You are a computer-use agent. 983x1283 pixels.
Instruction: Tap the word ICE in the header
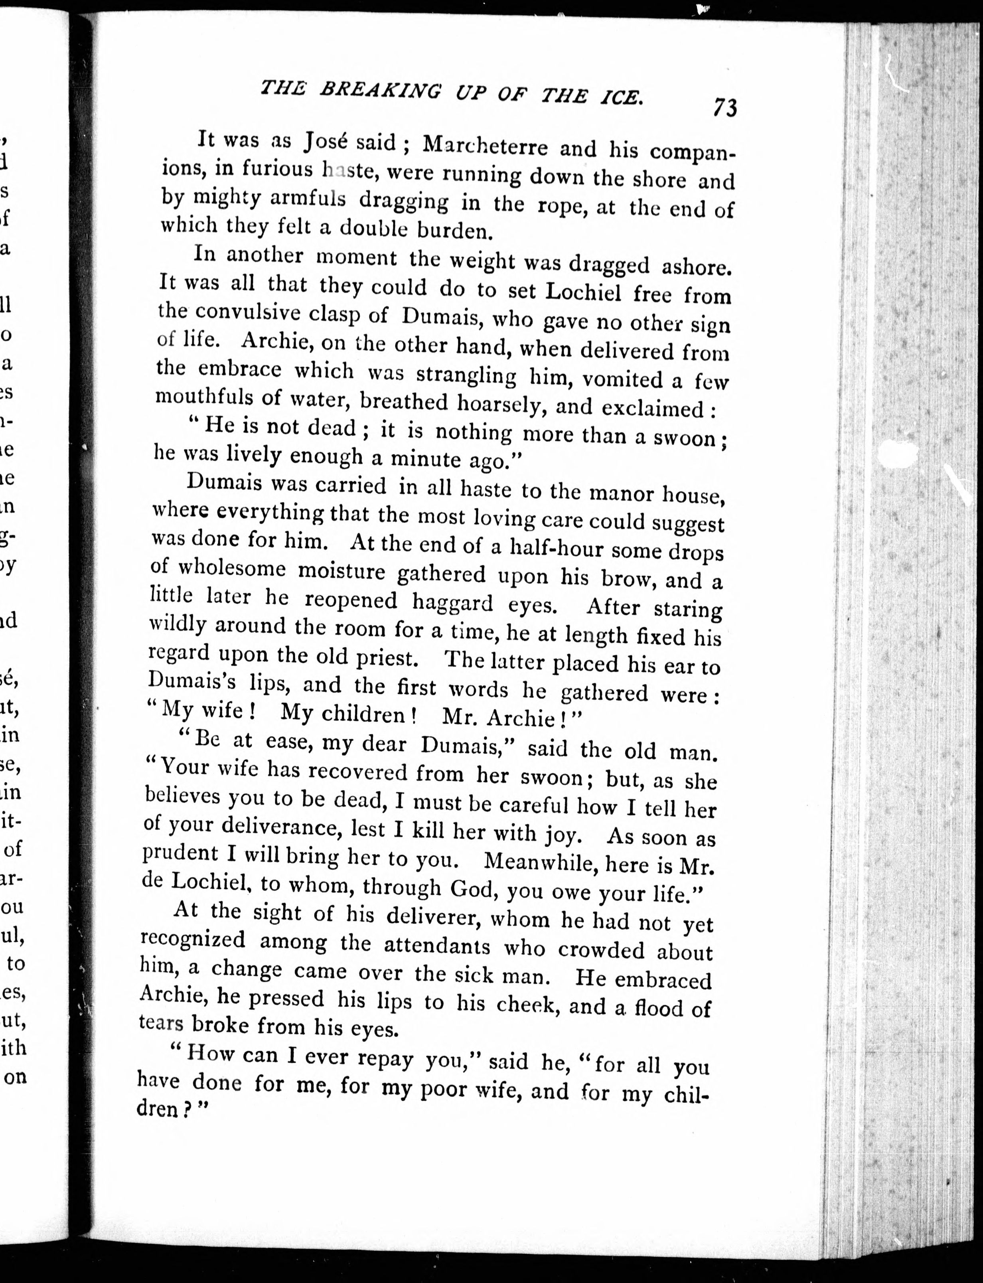point(622,97)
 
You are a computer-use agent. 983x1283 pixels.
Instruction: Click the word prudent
point(180,854)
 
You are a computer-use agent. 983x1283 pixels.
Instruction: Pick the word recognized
point(193,941)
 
